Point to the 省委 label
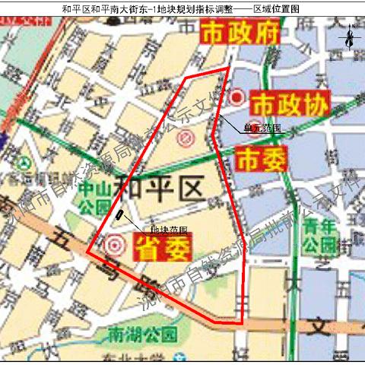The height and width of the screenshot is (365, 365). click(163, 246)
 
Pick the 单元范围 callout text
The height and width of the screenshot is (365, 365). click(262, 129)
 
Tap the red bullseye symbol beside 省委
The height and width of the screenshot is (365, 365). click(116, 246)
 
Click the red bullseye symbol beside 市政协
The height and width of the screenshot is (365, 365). click(238, 98)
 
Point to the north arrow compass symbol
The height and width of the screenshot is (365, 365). click(348, 36)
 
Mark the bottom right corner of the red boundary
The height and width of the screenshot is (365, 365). click(243, 325)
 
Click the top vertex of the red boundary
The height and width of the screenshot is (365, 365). click(227, 68)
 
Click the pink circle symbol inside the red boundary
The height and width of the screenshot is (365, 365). click(188, 139)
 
